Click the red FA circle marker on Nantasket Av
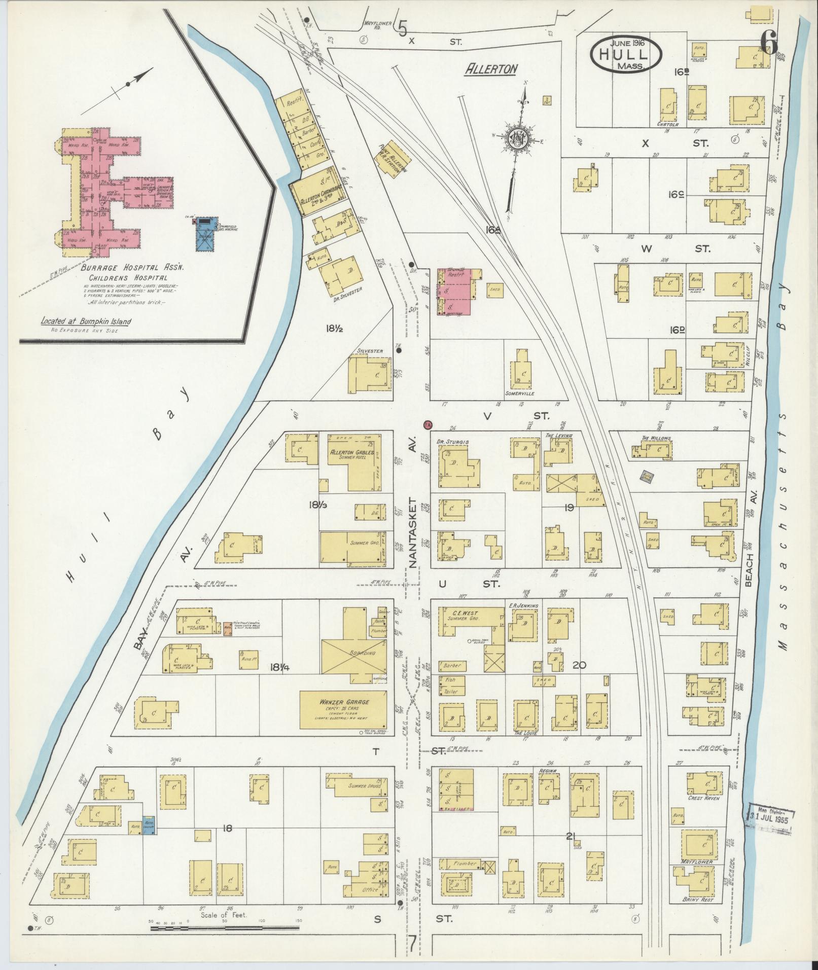428,424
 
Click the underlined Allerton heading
491,69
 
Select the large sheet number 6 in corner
769,44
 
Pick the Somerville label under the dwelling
520,393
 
